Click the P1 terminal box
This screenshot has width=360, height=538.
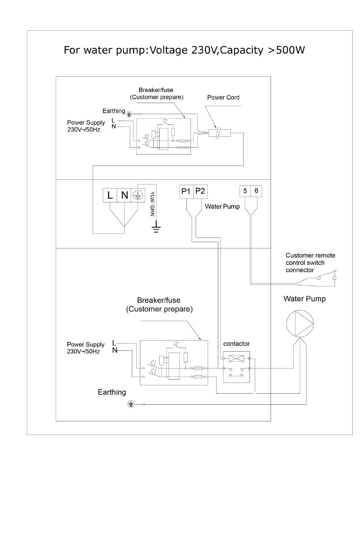pos(186,192)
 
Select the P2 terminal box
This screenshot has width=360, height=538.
pos(200,192)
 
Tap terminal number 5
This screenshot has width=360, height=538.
pos(245,191)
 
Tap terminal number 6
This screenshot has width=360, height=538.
pos(256,191)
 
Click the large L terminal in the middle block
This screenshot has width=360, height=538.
pos(110,195)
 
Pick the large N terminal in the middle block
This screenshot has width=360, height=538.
pos(124,195)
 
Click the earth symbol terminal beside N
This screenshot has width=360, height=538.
pos(138,195)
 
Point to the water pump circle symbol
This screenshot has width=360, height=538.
pos(300,324)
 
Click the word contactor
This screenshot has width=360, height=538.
pos(236,344)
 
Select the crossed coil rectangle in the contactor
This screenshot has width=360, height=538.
pos(236,358)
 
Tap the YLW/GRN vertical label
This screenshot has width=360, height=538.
pos(152,204)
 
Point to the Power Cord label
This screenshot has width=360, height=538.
pos(223,97)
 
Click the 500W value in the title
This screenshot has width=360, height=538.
pos(290,50)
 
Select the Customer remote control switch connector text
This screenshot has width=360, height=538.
pos(310,263)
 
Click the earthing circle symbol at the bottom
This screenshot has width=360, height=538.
pos(131,404)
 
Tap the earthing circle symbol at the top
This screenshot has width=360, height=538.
pos(129,114)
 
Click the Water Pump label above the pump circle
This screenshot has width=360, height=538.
pos(305,299)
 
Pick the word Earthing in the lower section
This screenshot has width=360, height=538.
pos(112,393)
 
